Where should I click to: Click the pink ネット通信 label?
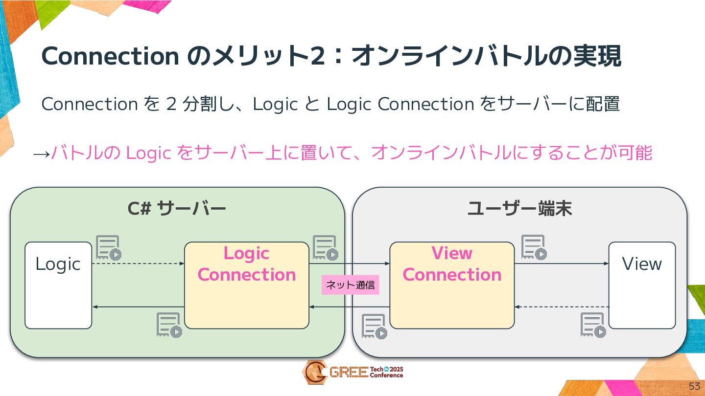point(350,285)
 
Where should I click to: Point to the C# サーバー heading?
point(177,209)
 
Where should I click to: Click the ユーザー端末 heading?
point(520,209)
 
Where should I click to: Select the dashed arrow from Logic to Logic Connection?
point(138,264)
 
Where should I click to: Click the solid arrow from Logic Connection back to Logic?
point(138,307)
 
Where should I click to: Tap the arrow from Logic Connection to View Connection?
point(349,264)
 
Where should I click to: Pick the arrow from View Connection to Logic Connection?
point(349,307)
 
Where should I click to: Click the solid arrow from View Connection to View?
point(561,264)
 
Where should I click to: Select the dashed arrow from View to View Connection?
point(561,307)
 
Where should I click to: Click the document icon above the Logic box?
point(108,248)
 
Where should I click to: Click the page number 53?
point(694,386)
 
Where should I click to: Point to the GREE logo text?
point(348,373)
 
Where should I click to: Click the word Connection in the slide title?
point(110,56)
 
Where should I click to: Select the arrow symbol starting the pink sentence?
point(41,153)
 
